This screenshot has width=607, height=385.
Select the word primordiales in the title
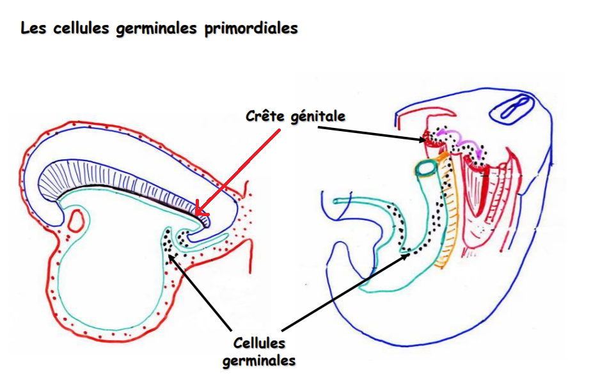tap(258, 29)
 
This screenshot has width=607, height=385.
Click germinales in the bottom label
tap(259, 361)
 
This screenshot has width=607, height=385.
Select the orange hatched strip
tap(449, 217)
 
